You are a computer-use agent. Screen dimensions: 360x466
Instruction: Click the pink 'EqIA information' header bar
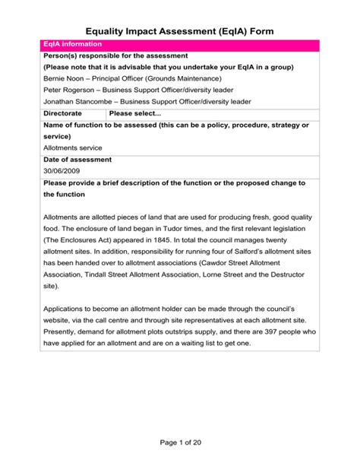coord(179,46)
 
